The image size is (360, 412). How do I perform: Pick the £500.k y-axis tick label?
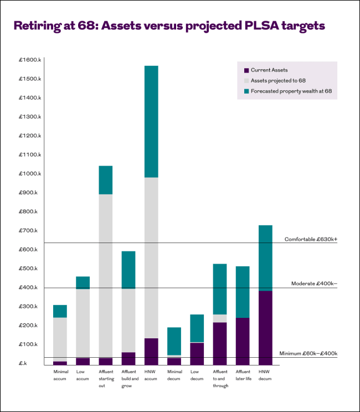29,269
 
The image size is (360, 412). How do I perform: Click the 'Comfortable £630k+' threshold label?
311,239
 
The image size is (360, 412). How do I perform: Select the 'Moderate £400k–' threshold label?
314,284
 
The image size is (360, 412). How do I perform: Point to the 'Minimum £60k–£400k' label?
308,353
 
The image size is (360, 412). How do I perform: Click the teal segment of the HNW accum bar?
151,121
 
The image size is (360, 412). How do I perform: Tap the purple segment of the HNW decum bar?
265,327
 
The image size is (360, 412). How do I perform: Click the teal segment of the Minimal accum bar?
60,311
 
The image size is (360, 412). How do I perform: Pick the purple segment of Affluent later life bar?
243,341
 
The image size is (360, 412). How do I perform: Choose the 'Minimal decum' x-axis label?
174,375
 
